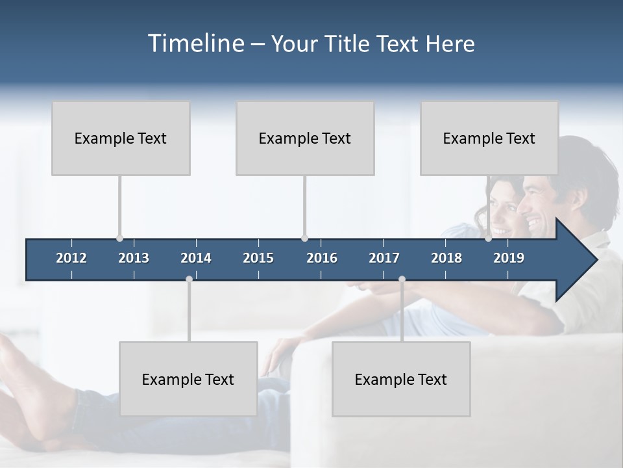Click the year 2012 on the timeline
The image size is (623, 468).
[71, 258]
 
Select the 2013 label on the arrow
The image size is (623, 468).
[134, 258]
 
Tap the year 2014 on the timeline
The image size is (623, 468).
[196, 258]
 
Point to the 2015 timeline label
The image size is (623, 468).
[258, 258]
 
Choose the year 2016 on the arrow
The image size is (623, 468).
[322, 258]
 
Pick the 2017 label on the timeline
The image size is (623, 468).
[384, 258]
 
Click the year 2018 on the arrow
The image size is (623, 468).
[446, 258]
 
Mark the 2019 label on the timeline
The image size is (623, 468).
[509, 258]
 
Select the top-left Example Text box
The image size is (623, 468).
[121, 138]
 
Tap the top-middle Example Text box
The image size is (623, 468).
[305, 138]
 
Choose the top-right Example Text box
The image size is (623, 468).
[489, 138]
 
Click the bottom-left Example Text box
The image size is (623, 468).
[188, 379]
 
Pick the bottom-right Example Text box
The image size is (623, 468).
[401, 379]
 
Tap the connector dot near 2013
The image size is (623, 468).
[119, 239]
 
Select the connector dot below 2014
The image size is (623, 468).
[189, 279]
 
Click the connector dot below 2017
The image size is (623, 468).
[402, 279]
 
